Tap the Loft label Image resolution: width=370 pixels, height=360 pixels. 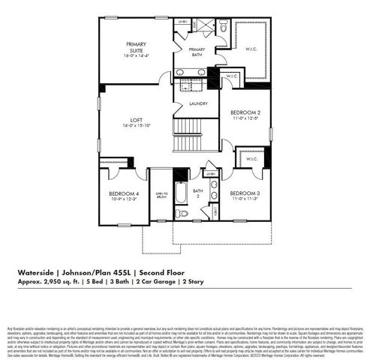click(x=136, y=120)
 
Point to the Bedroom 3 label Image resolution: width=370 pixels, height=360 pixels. click(x=245, y=193)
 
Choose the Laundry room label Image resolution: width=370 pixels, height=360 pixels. click(x=198, y=103)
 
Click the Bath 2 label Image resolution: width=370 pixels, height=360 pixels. click(x=197, y=194)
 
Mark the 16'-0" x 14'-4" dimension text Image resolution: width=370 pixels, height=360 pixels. click(x=137, y=55)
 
